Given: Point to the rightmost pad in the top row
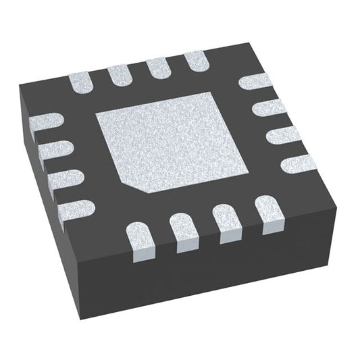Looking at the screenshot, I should [x=197, y=60].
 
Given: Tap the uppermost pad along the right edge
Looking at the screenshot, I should [x=255, y=84].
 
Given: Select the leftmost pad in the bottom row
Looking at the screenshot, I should [x=143, y=242].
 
